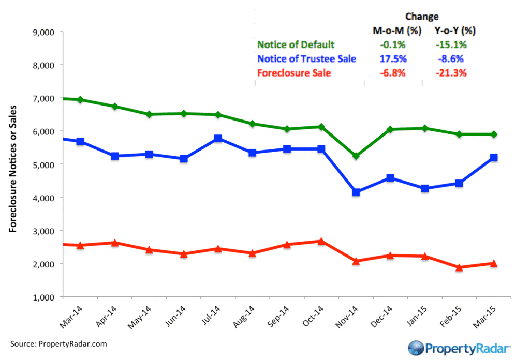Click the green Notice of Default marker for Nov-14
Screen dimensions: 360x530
(356, 156)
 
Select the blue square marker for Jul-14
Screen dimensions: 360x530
(218, 139)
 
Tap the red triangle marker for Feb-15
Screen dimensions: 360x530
(459, 267)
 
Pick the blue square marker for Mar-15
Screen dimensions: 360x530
(494, 157)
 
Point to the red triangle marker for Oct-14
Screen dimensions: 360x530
(321, 241)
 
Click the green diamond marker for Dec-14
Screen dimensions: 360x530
(390, 129)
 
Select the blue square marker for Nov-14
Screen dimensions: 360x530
(356, 192)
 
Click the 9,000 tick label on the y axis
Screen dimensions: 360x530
(43, 32)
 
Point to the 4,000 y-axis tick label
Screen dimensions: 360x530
(43, 198)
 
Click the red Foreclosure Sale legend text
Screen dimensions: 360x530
(293, 73)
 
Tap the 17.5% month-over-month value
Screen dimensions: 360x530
(390, 59)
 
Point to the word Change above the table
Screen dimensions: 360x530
(421, 17)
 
